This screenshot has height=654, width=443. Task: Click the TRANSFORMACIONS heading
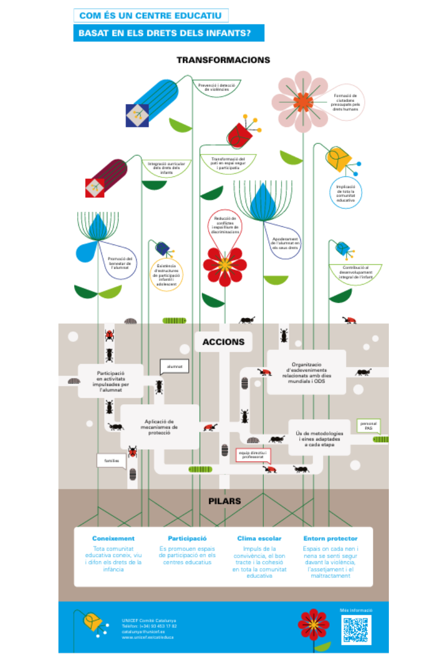point(223,60)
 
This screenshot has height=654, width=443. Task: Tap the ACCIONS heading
point(223,341)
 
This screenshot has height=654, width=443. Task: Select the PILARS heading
point(224,502)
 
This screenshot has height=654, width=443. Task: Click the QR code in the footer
point(357,629)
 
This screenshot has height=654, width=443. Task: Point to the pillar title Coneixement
point(113,538)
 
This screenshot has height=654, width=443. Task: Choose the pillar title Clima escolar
point(259,538)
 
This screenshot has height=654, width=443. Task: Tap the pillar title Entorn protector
point(330,538)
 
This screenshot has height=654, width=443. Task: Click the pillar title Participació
point(187,538)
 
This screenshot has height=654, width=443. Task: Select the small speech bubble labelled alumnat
point(174,367)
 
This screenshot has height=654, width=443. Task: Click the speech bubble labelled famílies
point(112,460)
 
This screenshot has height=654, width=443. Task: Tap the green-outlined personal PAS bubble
point(368,426)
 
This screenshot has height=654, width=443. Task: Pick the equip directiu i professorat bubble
point(253,455)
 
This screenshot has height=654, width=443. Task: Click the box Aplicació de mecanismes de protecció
point(160,427)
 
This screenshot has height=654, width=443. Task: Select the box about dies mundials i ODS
point(306,372)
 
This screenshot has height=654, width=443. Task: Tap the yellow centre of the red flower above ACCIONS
point(225,264)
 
